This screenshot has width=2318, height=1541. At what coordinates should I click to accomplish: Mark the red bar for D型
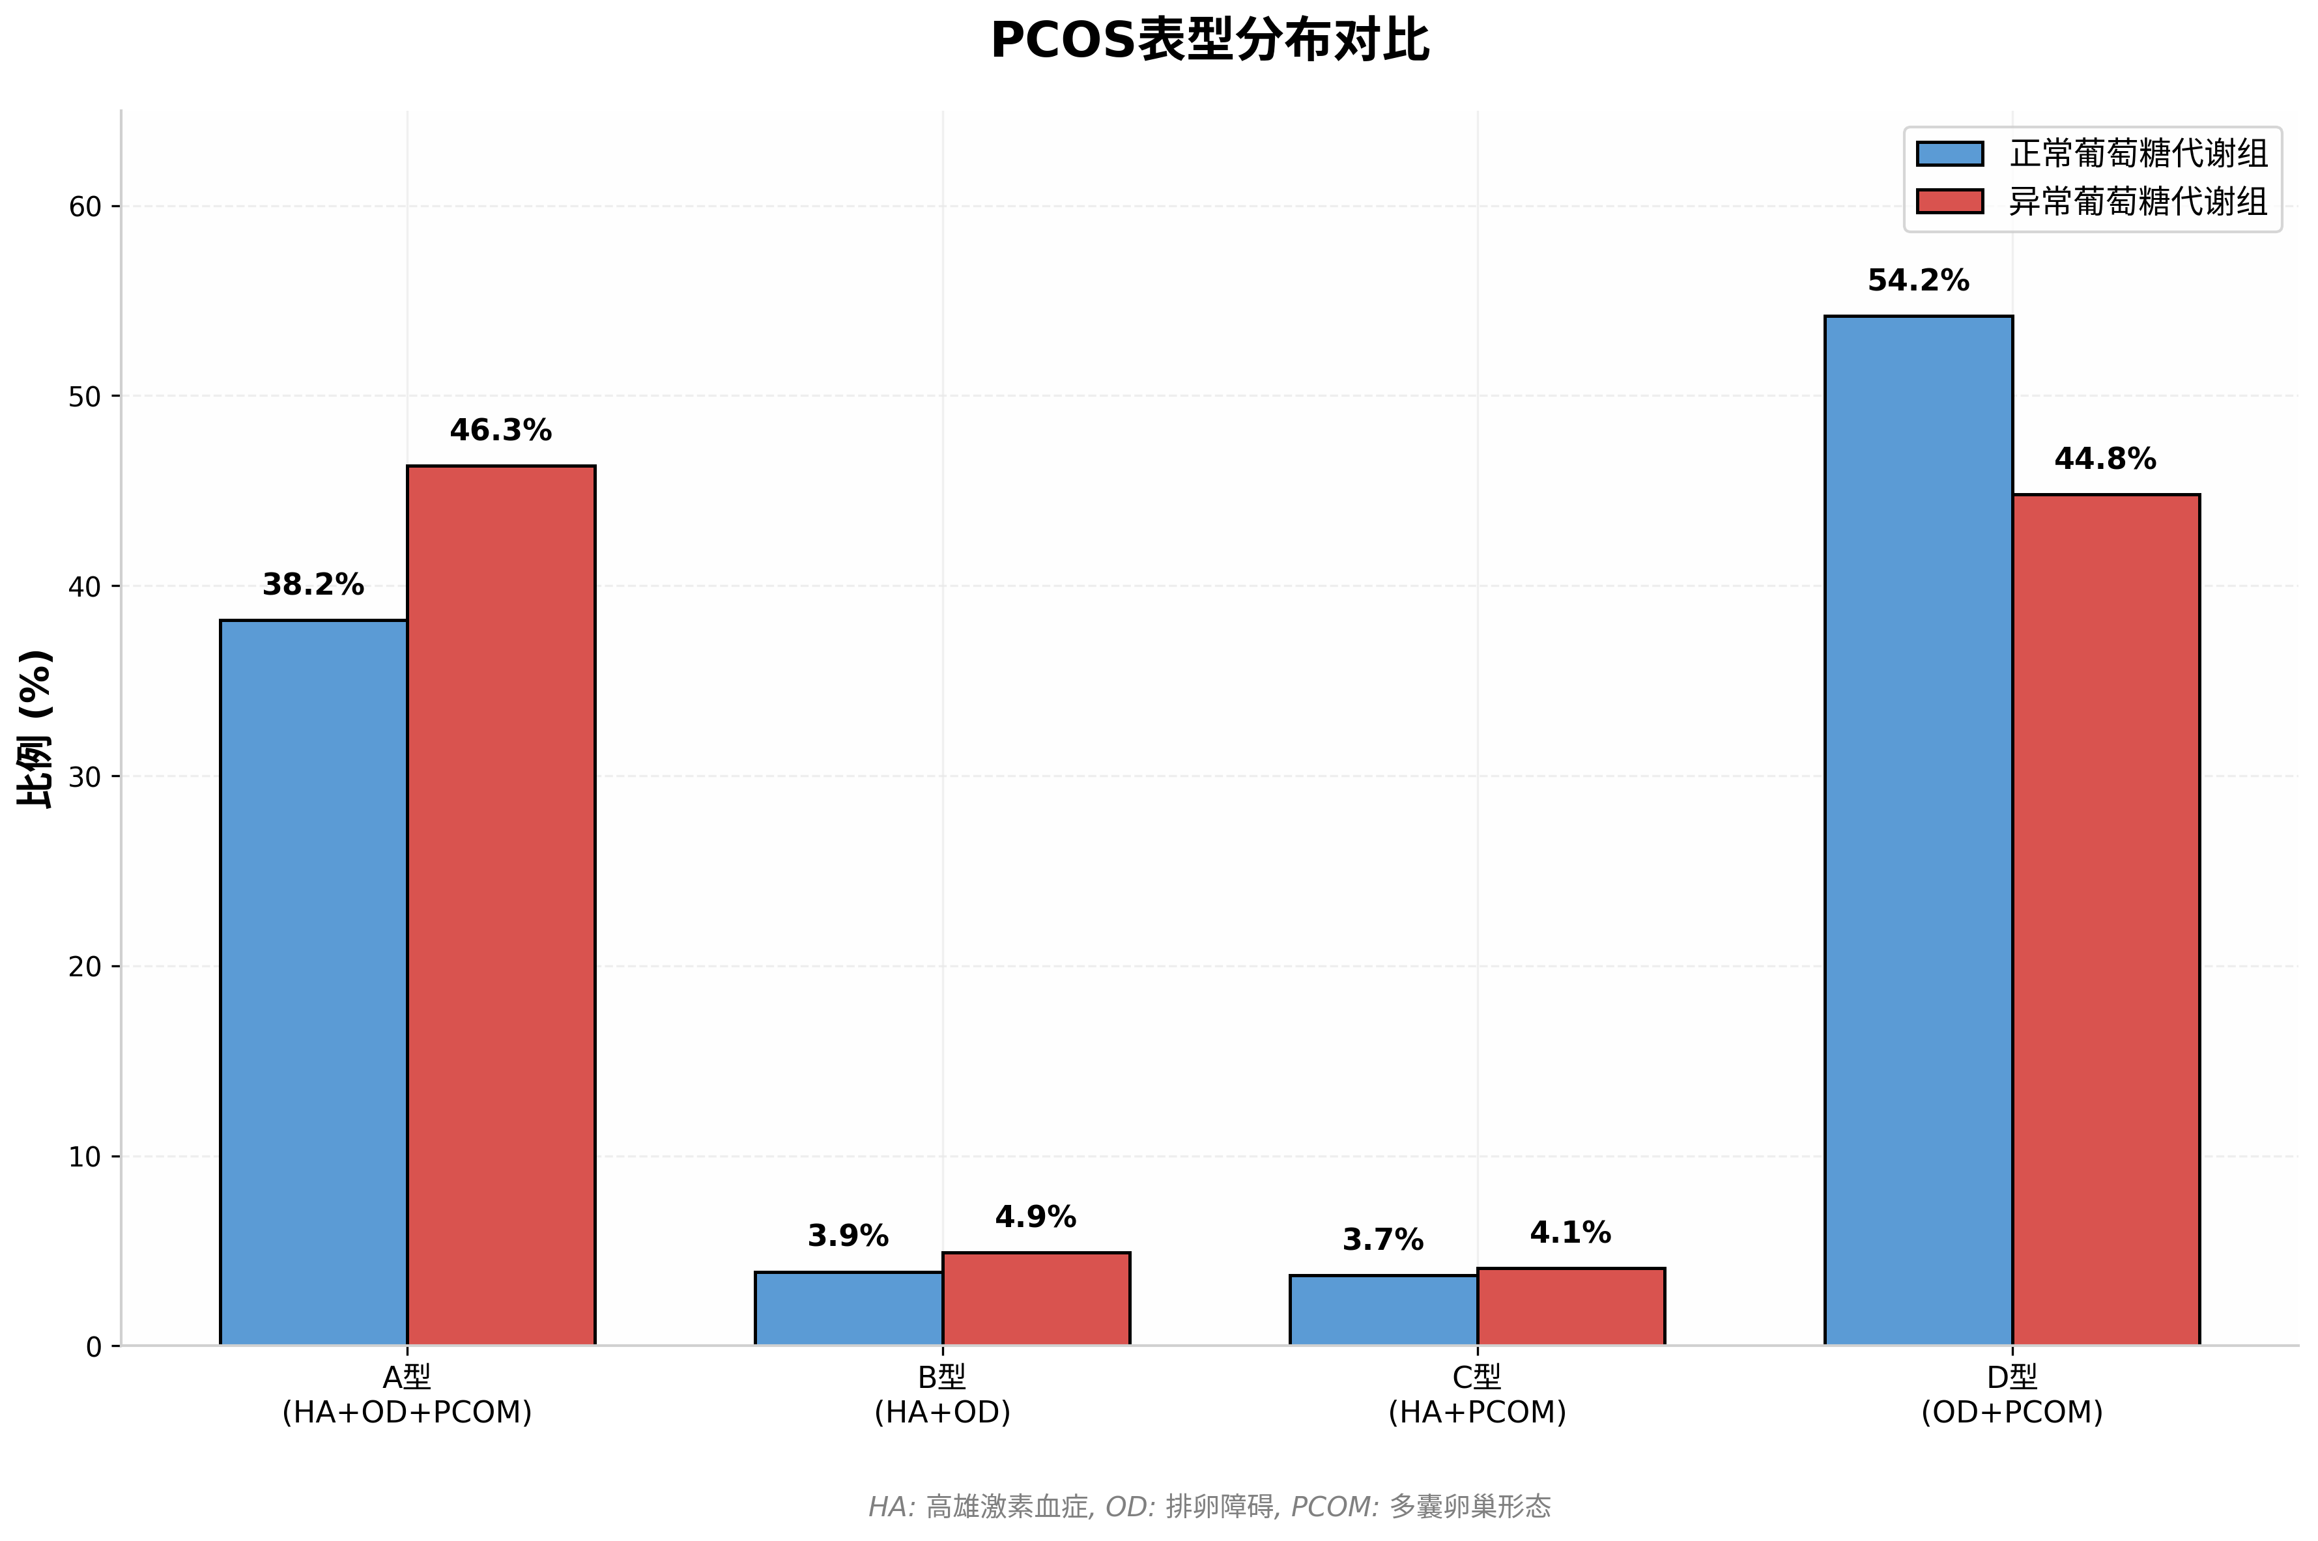coord(2105,919)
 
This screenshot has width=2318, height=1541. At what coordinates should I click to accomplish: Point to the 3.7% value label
coord(1382,1240)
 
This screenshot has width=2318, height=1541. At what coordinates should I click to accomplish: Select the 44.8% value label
coord(2105,459)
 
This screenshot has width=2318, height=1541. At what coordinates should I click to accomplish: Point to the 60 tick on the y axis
coord(85,206)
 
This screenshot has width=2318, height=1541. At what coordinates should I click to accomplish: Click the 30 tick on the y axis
coord(85,776)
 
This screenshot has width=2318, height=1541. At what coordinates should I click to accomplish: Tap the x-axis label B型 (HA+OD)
coord(942,1394)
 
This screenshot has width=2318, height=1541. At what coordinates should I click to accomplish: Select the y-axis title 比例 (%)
coord(35,728)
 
